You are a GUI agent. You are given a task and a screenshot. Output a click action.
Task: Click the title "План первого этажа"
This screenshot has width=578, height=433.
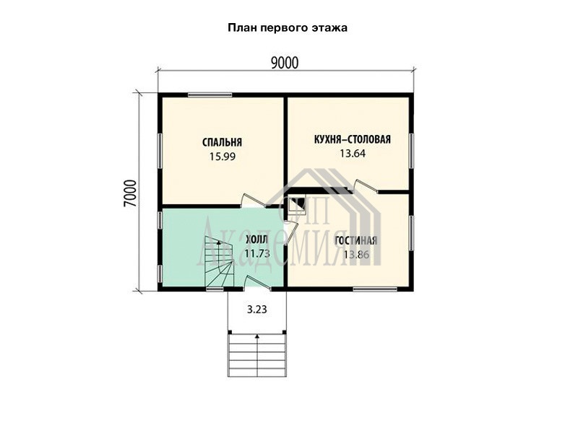click(x=288, y=28)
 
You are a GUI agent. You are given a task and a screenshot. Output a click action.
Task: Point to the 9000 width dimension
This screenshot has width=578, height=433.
click(x=285, y=64)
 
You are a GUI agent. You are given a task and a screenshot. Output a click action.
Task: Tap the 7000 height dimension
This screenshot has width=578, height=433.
click(x=130, y=194)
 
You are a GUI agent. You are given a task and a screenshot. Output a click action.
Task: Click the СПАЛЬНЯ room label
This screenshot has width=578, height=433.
click(x=223, y=142)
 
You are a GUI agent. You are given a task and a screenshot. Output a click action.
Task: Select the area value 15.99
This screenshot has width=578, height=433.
click(x=223, y=157)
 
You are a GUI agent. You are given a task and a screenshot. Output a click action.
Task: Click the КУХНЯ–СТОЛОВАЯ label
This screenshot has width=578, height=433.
click(x=352, y=139)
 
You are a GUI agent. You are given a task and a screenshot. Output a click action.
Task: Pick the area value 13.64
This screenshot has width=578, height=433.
click(x=353, y=154)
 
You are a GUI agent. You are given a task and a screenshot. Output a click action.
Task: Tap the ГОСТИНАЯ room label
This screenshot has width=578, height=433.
click(x=355, y=241)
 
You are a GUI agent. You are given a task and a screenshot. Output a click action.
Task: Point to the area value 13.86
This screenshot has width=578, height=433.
click(x=356, y=255)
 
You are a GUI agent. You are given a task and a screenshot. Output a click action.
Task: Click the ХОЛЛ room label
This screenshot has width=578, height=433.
click(x=257, y=240)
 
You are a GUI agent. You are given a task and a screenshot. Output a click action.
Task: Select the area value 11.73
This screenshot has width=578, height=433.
click(x=257, y=253)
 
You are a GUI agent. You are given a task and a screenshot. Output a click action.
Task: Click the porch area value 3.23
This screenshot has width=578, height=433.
click(x=257, y=310)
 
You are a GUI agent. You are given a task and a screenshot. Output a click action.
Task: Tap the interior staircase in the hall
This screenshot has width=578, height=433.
click(x=220, y=262)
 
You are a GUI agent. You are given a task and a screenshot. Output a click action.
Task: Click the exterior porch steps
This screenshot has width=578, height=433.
click(x=257, y=354)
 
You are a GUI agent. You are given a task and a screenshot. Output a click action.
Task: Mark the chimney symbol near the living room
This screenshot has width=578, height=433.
click(x=296, y=204)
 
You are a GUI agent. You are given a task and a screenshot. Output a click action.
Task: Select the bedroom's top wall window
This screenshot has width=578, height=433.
click(x=210, y=95)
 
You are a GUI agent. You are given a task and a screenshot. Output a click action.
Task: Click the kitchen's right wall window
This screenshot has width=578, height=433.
click(x=411, y=152)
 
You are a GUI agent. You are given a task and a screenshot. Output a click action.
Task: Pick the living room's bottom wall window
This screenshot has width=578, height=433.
click(x=375, y=289)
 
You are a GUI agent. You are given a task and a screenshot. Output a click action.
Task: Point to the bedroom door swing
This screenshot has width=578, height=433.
click(x=254, y=201)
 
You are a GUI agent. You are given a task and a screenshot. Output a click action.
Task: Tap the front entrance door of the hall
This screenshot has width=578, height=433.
click(x=258, y=283)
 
